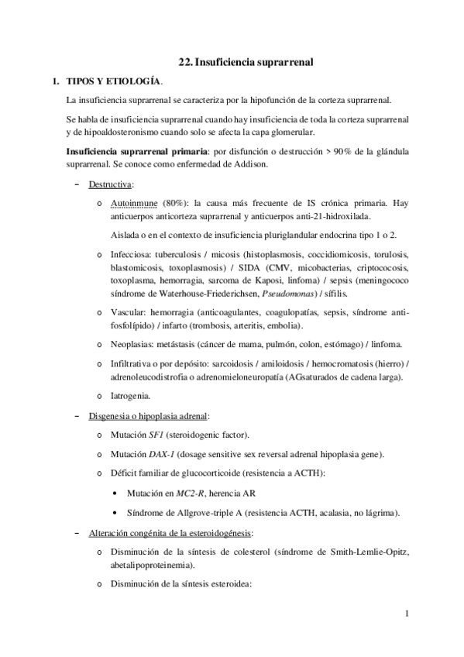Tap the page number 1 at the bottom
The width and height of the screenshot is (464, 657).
407,615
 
